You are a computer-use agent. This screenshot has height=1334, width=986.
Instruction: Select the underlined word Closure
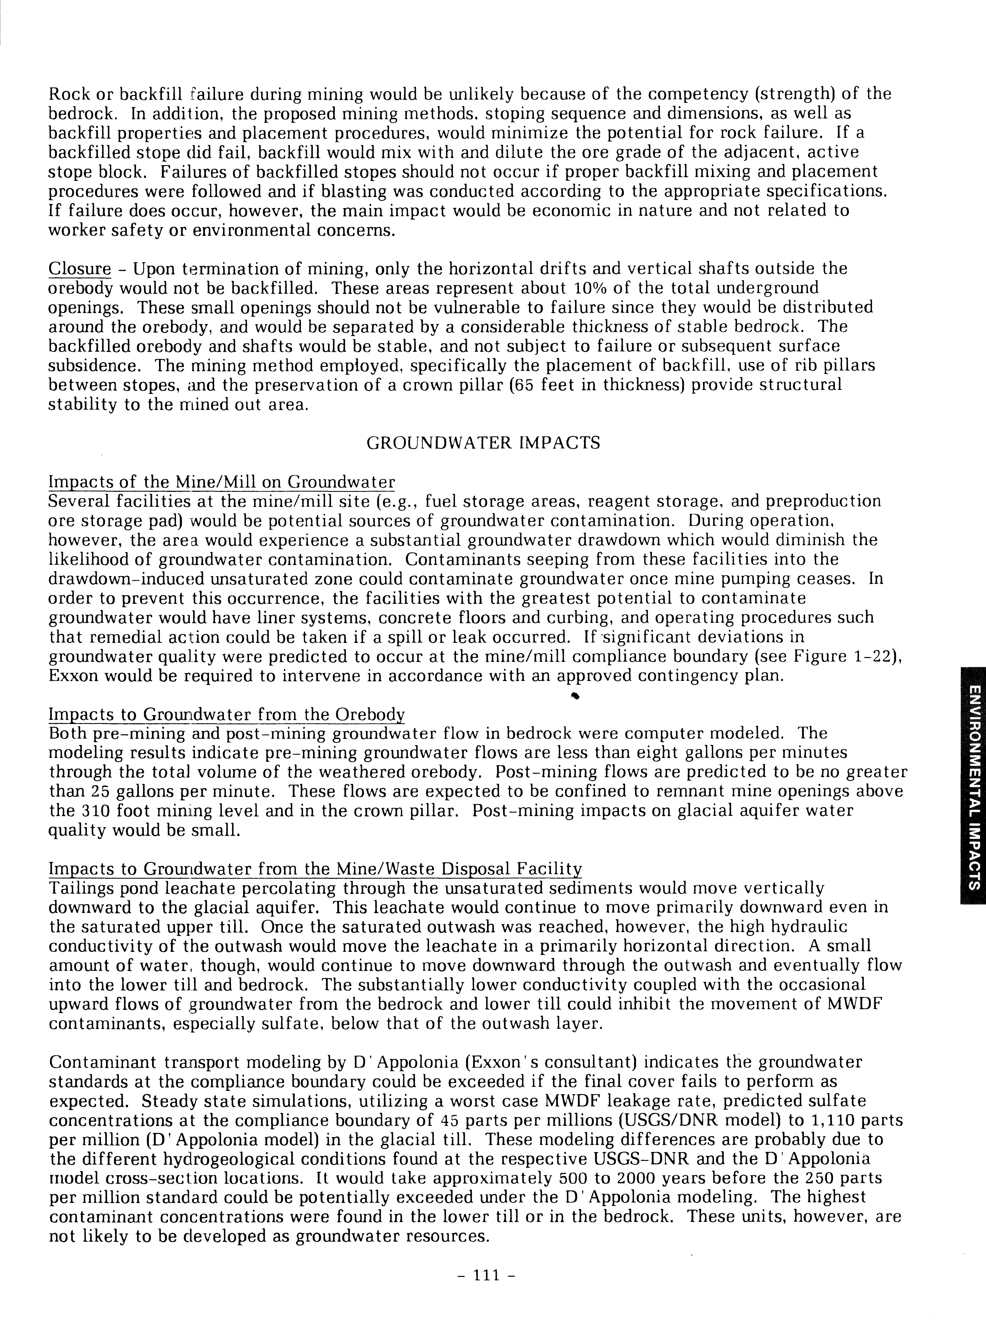[79, 269]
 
